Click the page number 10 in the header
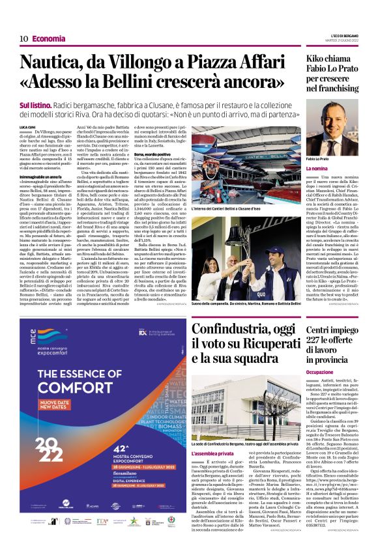[23, 38]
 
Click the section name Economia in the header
[49, 38]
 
